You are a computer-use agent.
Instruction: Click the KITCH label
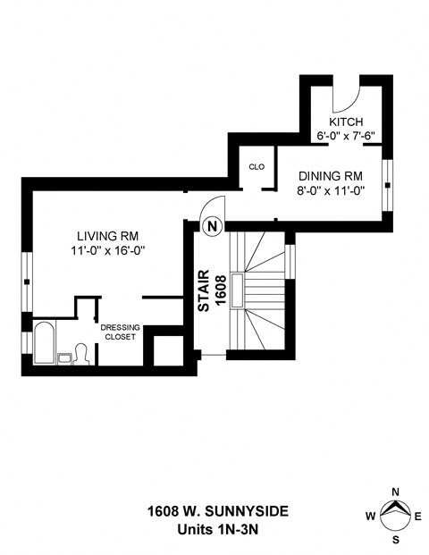coord(344,122)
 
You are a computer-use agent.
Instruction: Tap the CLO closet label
coord(256,166)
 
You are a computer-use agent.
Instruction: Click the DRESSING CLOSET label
coord(118,332)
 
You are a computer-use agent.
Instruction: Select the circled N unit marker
coord(213,226)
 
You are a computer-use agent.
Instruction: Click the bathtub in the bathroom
coord(43,341)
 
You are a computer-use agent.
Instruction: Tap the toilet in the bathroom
coord(80,354)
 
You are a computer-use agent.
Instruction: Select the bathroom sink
coord(64,358)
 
